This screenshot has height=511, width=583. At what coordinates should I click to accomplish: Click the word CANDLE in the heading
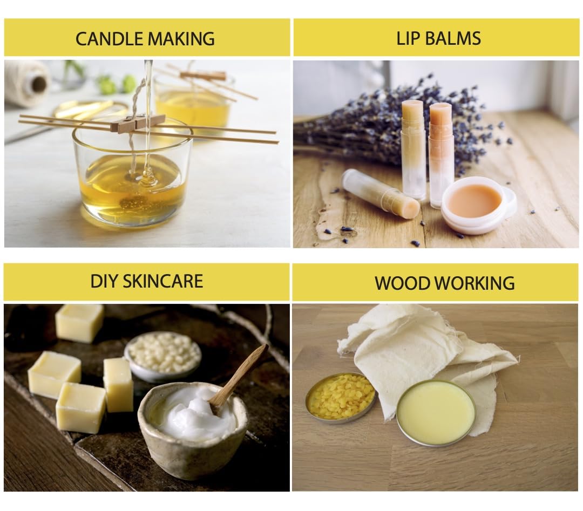pos(109,39)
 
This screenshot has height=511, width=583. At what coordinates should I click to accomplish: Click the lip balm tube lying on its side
pos(380,194)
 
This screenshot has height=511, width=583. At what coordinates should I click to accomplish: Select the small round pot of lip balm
pos(477,205)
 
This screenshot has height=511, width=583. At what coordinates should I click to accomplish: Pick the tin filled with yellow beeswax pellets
pos(340,398)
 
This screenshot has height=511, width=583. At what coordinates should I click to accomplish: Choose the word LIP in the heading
pos(409,38)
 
